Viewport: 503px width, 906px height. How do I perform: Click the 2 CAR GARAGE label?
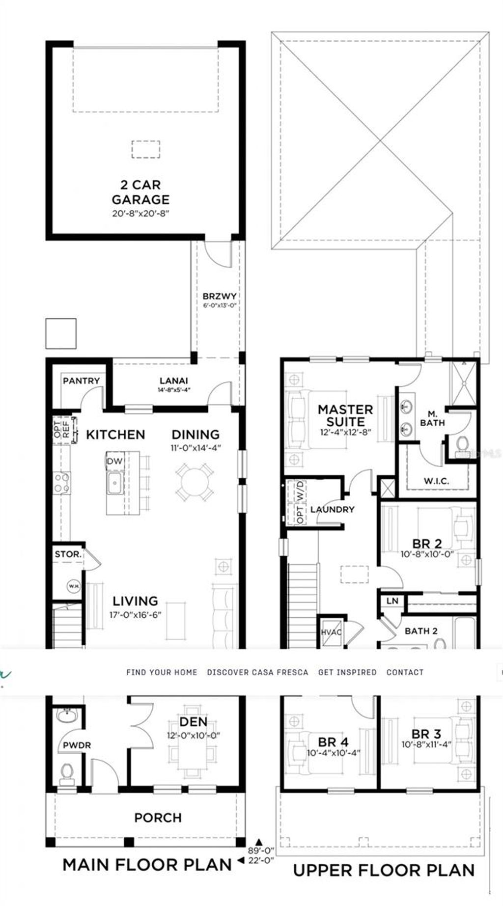[x=140, y=192]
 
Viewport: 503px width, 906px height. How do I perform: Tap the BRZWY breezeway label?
[x=220, y=296]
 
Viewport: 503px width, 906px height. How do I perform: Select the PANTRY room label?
[x=81, y=381]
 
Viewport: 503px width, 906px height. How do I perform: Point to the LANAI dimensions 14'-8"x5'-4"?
[x=173, y=390]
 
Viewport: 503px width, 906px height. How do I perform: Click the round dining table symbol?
[x=195, y=483]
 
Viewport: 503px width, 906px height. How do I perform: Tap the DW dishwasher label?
[x=114, y=461]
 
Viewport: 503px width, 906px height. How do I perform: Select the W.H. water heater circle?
[x=74, y=586]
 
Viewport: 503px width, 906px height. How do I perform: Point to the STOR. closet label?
[x=68, y=554]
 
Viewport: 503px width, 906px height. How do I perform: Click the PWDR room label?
[x=77, y=745]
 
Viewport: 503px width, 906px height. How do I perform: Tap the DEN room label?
[x=193, y=721]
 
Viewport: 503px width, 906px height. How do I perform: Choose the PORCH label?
[x=158, y=818]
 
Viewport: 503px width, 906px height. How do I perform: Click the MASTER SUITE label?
[x=345, y=415]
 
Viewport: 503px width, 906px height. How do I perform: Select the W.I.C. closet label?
[x=436, y=481]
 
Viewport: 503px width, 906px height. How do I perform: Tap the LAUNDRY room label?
[x=332, y=509]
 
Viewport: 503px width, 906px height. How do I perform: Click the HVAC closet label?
[x=331, y=632]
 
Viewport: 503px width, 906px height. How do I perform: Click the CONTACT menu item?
[x=405, y=672]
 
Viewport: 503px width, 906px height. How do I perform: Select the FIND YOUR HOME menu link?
[x=162, y=672]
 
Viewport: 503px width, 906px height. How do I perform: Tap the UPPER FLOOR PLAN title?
[x=384, y=871]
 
